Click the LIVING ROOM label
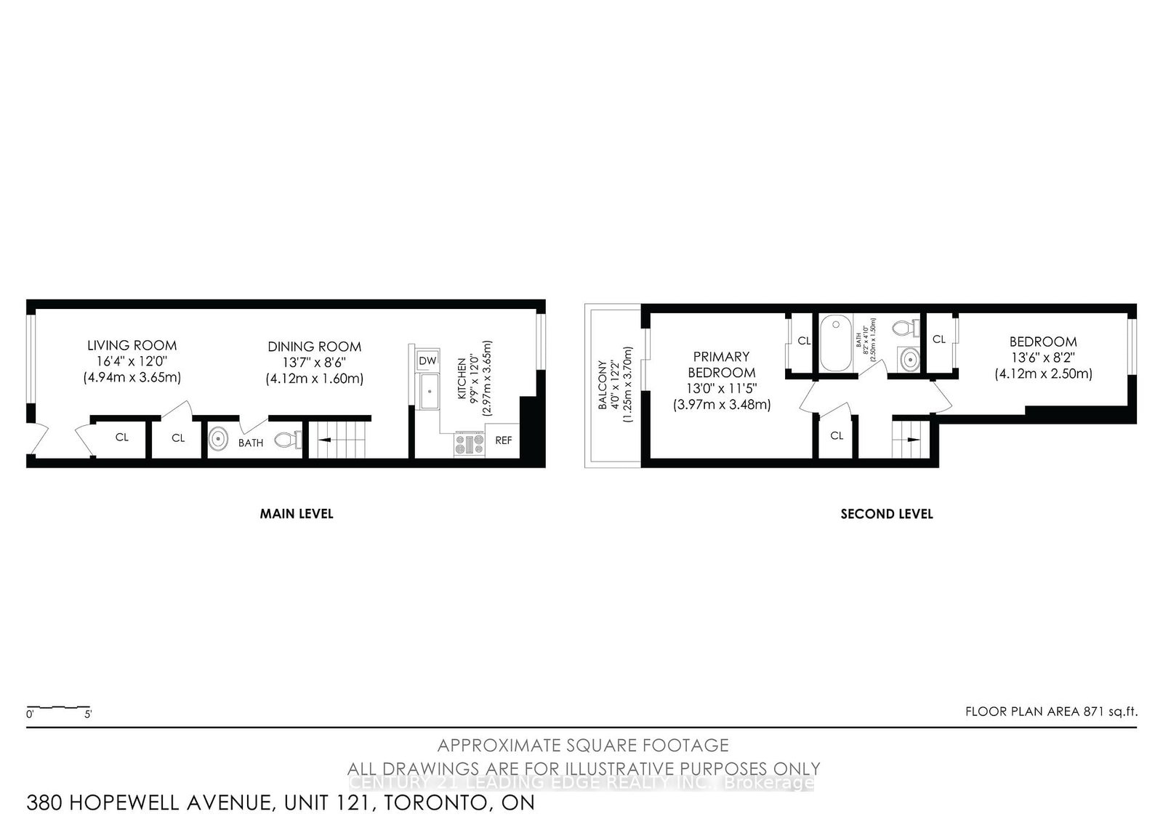tap(132, 345)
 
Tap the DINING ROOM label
tap(314, 347)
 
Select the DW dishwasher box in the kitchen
tap(427, 360)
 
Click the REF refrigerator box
tap(503, 440)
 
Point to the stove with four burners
tap(469, 443)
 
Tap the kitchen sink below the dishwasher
tap(429, 392)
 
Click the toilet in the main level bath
tap(289, 440)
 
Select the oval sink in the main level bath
tap(217, 440)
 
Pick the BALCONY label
tap(602, 385)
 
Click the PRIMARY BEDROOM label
tap(721, 364)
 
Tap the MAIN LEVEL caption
tap(297, 514)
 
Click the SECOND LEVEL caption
tap(887, 514)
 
